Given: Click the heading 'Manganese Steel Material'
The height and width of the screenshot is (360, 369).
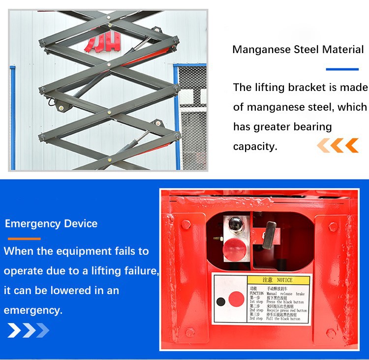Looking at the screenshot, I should point(298,50).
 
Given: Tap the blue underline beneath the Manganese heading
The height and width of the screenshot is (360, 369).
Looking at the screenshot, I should point(342,69).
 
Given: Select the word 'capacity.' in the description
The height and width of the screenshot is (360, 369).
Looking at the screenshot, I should point(255,147).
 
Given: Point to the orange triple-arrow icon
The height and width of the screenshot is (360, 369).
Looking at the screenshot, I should point(338,145).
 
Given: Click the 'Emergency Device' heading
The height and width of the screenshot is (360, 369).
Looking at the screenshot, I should point(51,224).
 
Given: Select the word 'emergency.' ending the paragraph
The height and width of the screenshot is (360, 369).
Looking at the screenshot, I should point(33,310).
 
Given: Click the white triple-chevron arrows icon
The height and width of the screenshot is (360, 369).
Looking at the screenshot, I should point(28,330).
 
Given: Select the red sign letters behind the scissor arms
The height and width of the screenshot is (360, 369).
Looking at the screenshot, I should point(102,43).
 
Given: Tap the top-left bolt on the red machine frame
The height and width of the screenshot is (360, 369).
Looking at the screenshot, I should point(186,224).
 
